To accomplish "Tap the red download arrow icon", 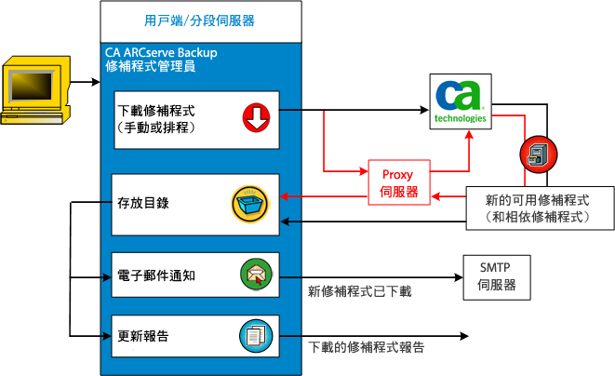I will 255,116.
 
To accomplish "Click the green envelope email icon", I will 255,275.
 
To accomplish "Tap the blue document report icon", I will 254,333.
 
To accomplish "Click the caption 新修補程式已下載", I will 359,291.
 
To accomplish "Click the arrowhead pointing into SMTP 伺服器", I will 457,275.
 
